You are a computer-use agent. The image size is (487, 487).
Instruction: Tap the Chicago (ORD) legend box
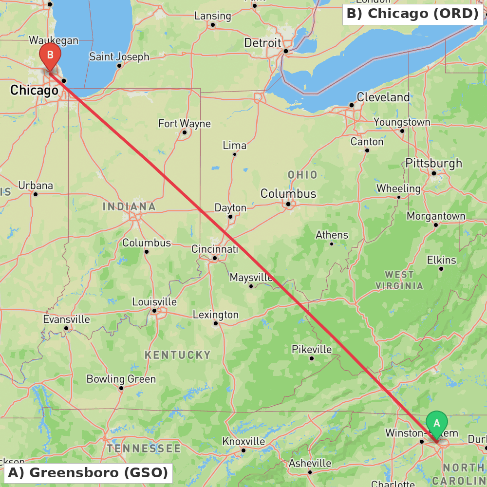click(x=412, y=14)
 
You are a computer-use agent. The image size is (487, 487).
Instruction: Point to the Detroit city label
click(x=263, y=43)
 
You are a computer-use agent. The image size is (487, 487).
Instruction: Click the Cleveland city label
click(x=383, y=97)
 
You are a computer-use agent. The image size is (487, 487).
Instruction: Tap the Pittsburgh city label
click(x=433, y=163)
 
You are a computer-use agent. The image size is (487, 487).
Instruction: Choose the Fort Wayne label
click(x=185, y=124)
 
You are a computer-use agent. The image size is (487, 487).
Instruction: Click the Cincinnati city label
click(x=215, y=249)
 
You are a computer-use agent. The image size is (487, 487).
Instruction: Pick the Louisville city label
click(x=154, y=302)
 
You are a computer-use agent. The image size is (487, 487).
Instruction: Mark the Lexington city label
click(x=216, y=315)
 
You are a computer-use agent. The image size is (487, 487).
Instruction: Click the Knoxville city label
click(x=243, y=441)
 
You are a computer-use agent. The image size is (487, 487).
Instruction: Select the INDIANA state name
click(x=129, y=206)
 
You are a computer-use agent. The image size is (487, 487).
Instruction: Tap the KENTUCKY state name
click(x=178, y=355)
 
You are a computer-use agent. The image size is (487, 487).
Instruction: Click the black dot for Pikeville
click(x=312, y=358)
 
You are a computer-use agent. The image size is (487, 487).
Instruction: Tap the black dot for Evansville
click(x=66, y=328)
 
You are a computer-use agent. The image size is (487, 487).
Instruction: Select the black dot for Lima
click(x=235, y=154)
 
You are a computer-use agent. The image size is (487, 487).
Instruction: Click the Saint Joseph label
click(x=119, y=57)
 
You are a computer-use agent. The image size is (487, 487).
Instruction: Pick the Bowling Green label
click(x=121, y=379)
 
